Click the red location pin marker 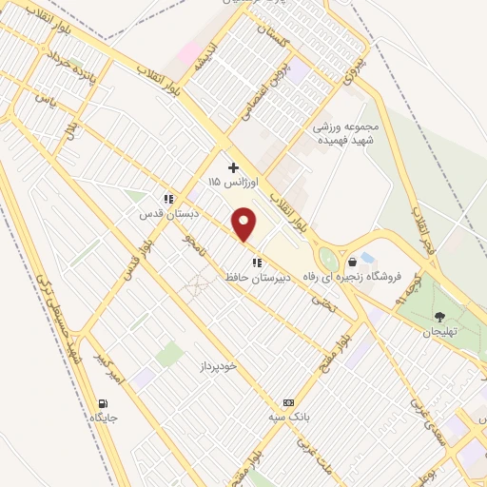(x=245, y=224)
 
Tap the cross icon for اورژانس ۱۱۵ (x=233, y=167)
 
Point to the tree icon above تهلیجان (x=440, y=317)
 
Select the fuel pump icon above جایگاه (x=103, y=402)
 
